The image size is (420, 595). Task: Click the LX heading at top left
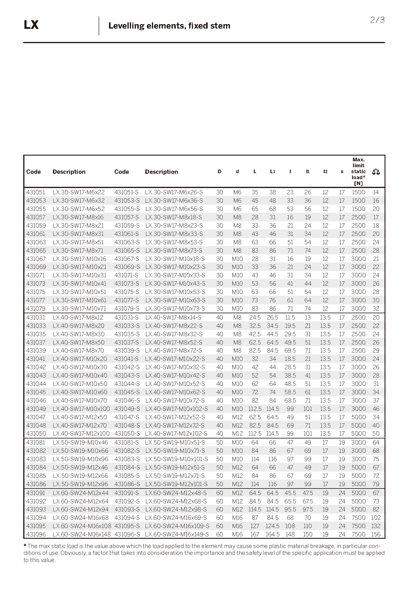(31, 25)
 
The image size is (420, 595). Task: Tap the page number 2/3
(377, 20)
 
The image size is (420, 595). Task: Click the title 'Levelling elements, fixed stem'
(169, 26)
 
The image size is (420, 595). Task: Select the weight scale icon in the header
(376, 172)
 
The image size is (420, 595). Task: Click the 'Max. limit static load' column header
(358, 171)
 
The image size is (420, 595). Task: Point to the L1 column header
(273, 172)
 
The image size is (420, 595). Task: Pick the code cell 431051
(36, 192)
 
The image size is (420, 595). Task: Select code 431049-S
(127, 409)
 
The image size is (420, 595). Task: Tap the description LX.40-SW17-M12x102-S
(176, 433)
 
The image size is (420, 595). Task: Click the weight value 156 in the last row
(376, 534)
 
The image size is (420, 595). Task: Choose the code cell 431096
(36, 534)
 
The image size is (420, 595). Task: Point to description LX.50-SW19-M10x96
(80, 459)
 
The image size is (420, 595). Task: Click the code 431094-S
(127, 517)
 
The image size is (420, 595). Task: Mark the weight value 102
(376, 517)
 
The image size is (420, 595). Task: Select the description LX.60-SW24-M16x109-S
(177, 526)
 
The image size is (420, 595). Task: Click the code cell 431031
(36, 317)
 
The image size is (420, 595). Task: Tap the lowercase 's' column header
(342, 172)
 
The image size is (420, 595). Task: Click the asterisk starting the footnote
(25, 546)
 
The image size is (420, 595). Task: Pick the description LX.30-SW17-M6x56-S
(174, 209)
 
